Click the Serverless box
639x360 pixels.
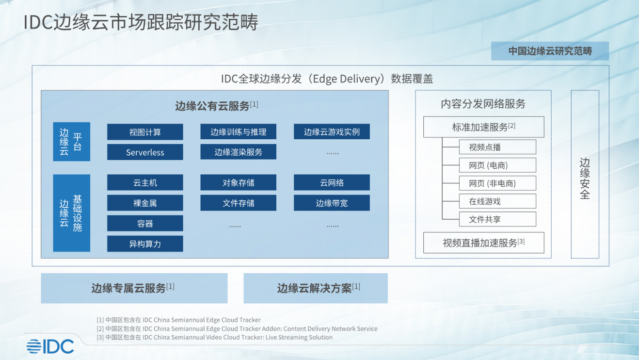tap(145, 152)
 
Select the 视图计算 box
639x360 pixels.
tap(145, 132)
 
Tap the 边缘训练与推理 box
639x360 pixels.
tap(238, 131)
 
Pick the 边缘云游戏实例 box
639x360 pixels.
tap(332, 131)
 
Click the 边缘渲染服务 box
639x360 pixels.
tap(238, 151)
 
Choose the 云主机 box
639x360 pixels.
tap(145, 182)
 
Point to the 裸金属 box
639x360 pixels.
tap(145, 203)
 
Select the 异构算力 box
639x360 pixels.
tap(145, 244)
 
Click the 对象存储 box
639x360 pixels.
tap(238, 182)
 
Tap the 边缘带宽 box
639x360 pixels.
tap(332, 203)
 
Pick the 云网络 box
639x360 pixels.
tap(332, 182)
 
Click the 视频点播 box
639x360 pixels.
tap(497, 147)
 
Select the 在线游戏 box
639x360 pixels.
tap(497, 201)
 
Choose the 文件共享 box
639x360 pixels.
tap(497, 219)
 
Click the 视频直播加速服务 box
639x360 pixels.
tap(483, 243)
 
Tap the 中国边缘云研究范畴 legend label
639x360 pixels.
tap(550, 51)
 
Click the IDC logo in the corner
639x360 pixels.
tap(50, 346)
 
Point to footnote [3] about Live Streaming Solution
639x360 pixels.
tap(214, 337)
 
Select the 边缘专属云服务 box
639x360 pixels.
tap(134, 288)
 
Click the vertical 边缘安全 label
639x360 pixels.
tap(585, 178)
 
